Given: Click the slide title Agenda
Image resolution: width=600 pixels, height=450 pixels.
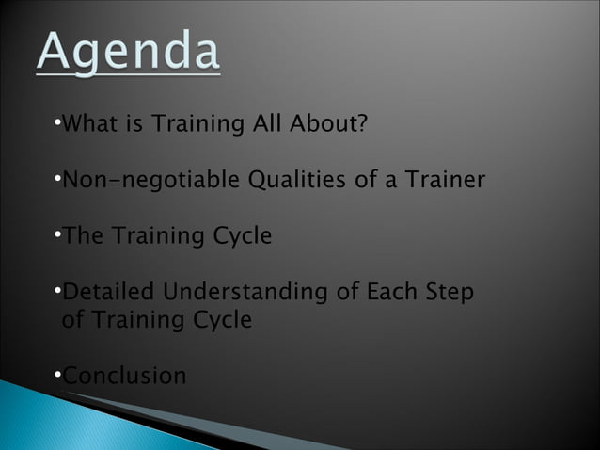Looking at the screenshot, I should tap(129, 52).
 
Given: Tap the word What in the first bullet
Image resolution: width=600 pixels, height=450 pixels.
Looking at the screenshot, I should tap(91, 123).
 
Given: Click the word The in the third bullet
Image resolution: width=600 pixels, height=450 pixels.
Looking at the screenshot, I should tap(83, 235).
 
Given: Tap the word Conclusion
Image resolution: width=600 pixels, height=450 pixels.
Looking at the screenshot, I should tap(123, 376).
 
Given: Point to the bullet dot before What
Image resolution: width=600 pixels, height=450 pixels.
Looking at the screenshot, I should tap(57, 123).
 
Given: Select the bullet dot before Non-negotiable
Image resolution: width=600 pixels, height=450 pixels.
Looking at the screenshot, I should tap(57, 179).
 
